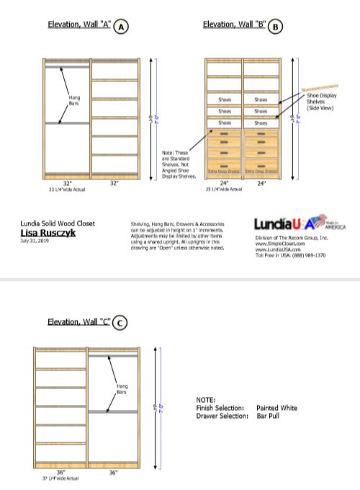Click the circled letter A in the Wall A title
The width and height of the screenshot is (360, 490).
(122, 27)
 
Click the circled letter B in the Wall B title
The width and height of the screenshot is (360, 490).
(276, 27)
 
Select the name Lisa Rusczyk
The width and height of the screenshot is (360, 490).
(45, 233)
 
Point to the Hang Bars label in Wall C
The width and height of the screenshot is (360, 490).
(122, 389)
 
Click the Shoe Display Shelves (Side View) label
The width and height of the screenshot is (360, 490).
(322, 101)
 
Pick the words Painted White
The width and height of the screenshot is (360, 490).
(276, 408)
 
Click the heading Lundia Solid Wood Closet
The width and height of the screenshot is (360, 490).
(57, 224)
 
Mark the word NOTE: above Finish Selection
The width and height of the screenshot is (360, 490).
(205, 399)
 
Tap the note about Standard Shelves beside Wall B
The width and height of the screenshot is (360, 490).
(179, 164)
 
